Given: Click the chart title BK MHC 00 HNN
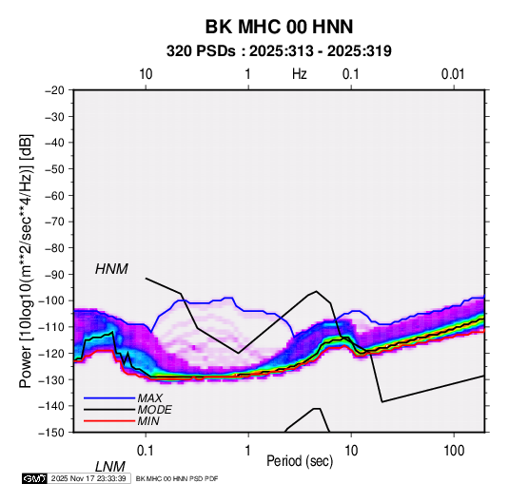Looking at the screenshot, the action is [x=279, y=27].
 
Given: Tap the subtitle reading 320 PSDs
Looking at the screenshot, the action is [x=201, y=51].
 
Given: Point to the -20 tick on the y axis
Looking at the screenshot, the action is [x=55, y=90].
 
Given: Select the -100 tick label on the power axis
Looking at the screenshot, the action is [x=52, y=300].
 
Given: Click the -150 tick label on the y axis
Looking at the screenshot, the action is [x=52, y=433].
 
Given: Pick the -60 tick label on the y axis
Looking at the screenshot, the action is [x=55, y=195].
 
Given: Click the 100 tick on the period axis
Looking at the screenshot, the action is [x=454, y=451].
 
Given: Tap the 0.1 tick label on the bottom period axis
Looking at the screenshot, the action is [x=146, y=451].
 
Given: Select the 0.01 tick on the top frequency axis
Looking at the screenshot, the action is [x=453, y=74].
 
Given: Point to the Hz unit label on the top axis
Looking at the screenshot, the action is [x=300, y=74].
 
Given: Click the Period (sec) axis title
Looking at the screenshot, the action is [x=300, y=461].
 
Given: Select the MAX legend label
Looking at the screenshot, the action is [x=149, y=398].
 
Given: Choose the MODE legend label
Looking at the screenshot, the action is [x=154, y=410].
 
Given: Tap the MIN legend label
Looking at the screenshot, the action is [x=148, y=421].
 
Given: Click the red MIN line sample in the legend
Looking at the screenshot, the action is [x=109, y=421].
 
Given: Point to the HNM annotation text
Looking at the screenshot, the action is [x=111, y=269].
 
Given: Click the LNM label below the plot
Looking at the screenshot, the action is [x=110, y=467].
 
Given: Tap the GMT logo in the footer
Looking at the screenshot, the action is [x=34, y=478].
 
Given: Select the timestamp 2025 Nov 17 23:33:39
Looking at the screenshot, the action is [x=88, y=478].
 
